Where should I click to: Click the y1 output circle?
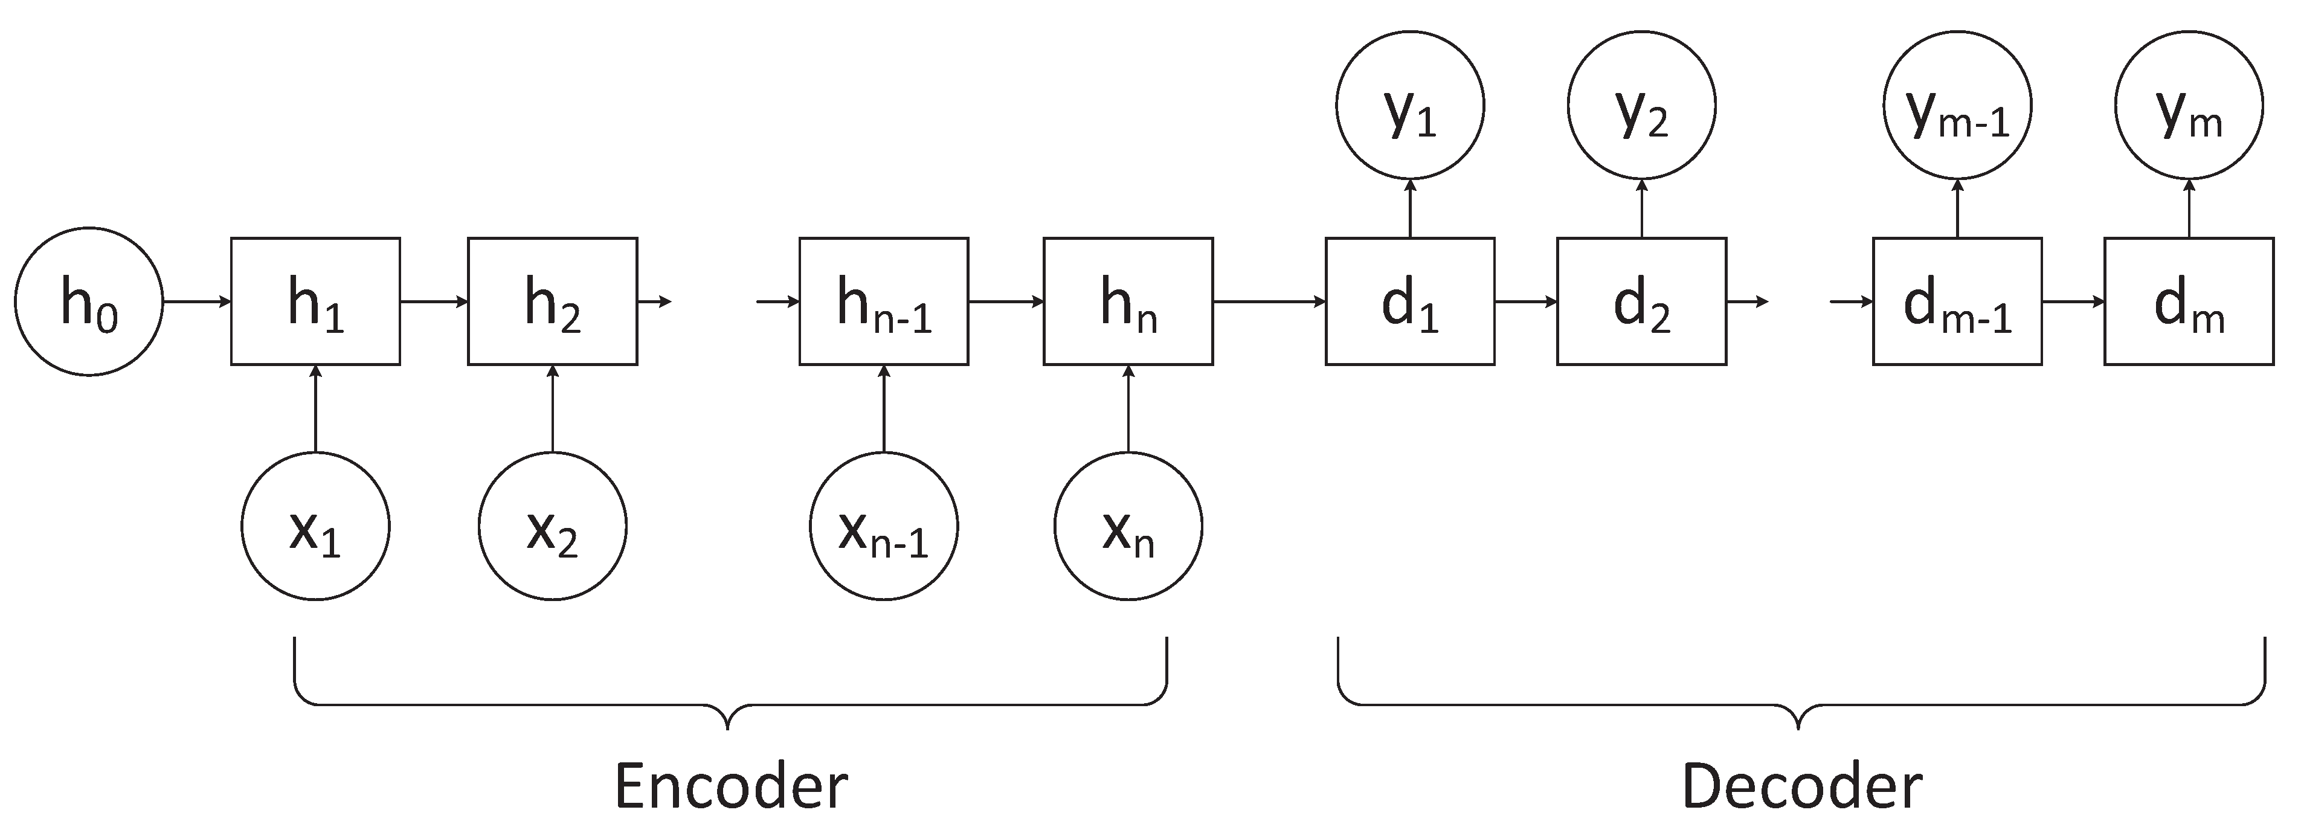[x=1409, y=106]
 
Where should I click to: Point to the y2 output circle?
[x=1641, y=106]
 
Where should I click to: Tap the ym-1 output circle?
[x=1957, y=106]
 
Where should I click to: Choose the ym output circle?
[x=2189, y=106]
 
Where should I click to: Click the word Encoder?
[x=731, y=787]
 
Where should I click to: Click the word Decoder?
[x=1801, y=787]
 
